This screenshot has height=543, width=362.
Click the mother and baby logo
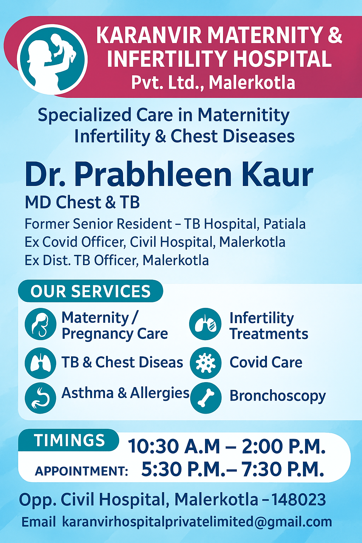click(52, 59)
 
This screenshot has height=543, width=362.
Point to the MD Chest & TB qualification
click(82, 203)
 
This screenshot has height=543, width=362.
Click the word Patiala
click(285, 224)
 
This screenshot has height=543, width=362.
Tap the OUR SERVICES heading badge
click(90, 291)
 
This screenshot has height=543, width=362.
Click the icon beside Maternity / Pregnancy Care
click(41, 324)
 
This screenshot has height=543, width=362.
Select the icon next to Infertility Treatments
click(205, 324)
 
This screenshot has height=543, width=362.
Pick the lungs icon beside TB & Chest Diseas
click(41, 363)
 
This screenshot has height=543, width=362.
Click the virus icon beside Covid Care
click(206, 363)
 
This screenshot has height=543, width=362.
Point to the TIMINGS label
click(69, 440)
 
